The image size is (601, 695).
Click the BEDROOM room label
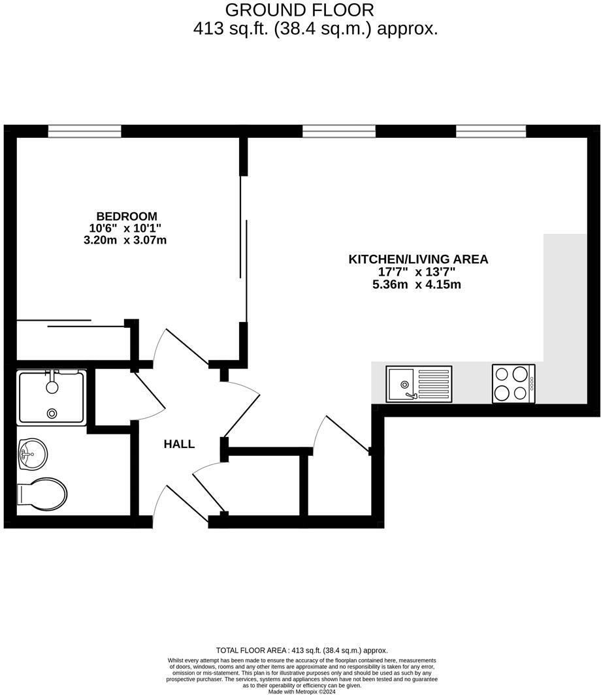(127, 216)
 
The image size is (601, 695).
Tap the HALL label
(179, 444)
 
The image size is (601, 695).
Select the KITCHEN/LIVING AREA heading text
(418, 259)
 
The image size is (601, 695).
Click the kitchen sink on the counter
(419, 384)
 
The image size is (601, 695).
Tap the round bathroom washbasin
(32, 452)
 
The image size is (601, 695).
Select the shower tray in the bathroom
(52, 396)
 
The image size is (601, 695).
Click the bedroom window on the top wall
(85, 131)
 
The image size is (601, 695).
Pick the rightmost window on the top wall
(491, 131)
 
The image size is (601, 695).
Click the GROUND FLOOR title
(300, 10)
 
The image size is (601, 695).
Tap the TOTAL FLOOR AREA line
(302, 651)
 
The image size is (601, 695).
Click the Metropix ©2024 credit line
(302, 691)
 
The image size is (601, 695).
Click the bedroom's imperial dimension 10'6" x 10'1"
(125, 228)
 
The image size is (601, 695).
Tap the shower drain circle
(52, 413)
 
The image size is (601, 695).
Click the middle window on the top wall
(339, 131)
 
